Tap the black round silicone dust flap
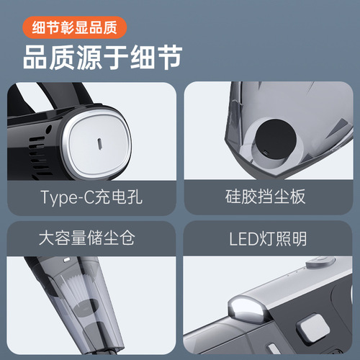pos(274,136)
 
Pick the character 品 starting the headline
pos(35,58)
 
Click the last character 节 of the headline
pos(168,58)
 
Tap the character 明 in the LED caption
pos(300,236)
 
